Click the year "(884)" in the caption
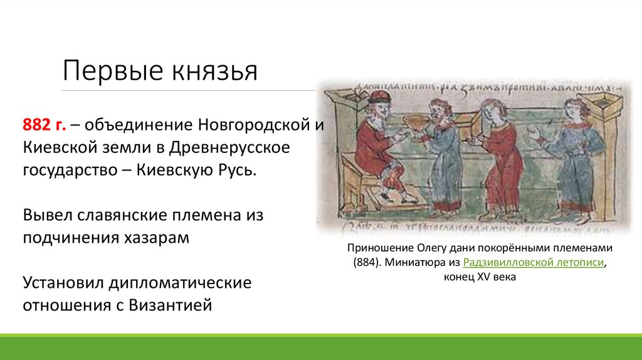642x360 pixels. point(365,263)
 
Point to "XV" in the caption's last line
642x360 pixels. point(484,277)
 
